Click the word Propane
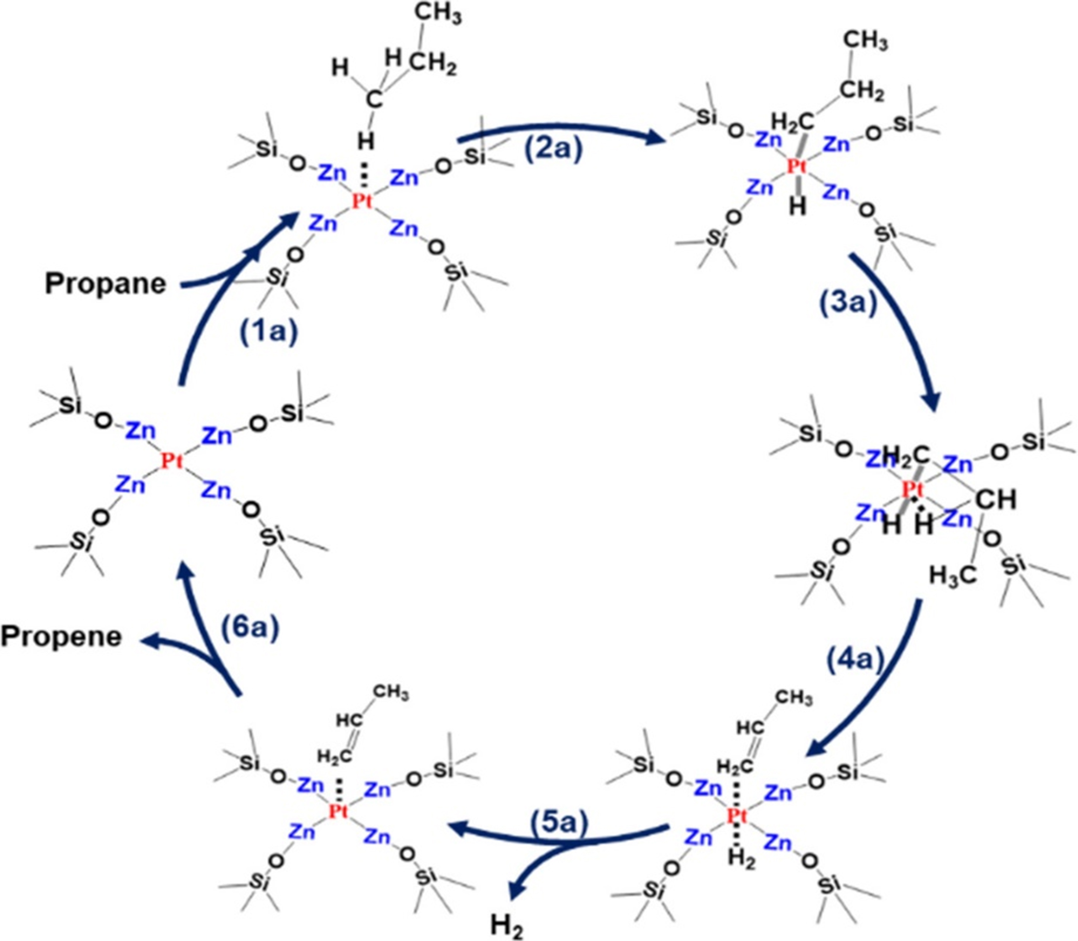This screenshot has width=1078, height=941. click(105, 284)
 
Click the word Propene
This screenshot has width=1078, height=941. click(62, 637)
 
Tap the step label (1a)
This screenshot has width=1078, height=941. click(268, 333)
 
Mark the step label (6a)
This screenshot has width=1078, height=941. click(249, 627)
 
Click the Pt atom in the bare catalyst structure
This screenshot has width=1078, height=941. click(172, 461)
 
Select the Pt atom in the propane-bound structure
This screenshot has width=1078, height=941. click(362, 201)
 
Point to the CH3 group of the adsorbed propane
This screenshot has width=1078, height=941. click(439, 15)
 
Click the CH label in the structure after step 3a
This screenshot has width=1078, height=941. click(996, 499)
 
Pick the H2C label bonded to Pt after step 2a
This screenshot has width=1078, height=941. click(793, 122)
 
